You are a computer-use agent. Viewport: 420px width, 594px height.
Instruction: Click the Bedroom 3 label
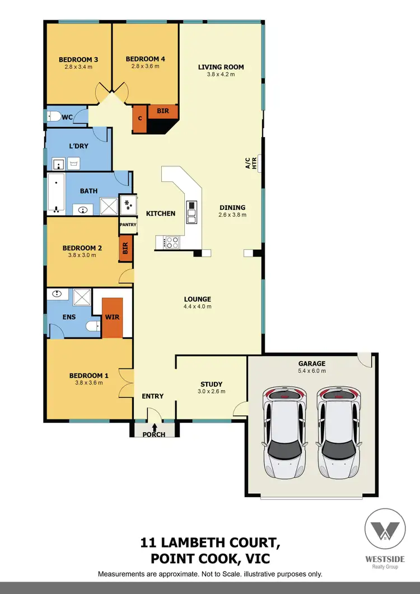[x=78, y=59]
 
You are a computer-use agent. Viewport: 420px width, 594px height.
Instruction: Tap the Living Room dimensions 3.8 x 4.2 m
[x=221, y=75]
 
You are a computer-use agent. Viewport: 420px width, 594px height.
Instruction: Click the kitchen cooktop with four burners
[x=171, y=242]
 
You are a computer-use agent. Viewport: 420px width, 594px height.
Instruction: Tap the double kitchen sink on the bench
[x=192, y=212]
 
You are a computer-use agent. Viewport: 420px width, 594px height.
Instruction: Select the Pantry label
[x=128, y=224]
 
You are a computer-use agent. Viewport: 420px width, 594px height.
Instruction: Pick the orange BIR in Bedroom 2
[x=125, y=249]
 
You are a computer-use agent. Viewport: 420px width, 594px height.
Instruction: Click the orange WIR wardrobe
[x=111, y=317]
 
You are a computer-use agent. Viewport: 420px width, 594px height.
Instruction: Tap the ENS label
[x=68, y=317]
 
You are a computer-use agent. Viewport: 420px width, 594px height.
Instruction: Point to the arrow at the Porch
[x=155, y=428]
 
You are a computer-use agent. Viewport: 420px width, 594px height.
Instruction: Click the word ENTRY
[x=152, y=396]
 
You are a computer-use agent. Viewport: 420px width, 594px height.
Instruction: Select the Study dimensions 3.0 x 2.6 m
[x=212, y=391]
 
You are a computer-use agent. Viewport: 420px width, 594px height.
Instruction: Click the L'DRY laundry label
[x=78, y=146]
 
